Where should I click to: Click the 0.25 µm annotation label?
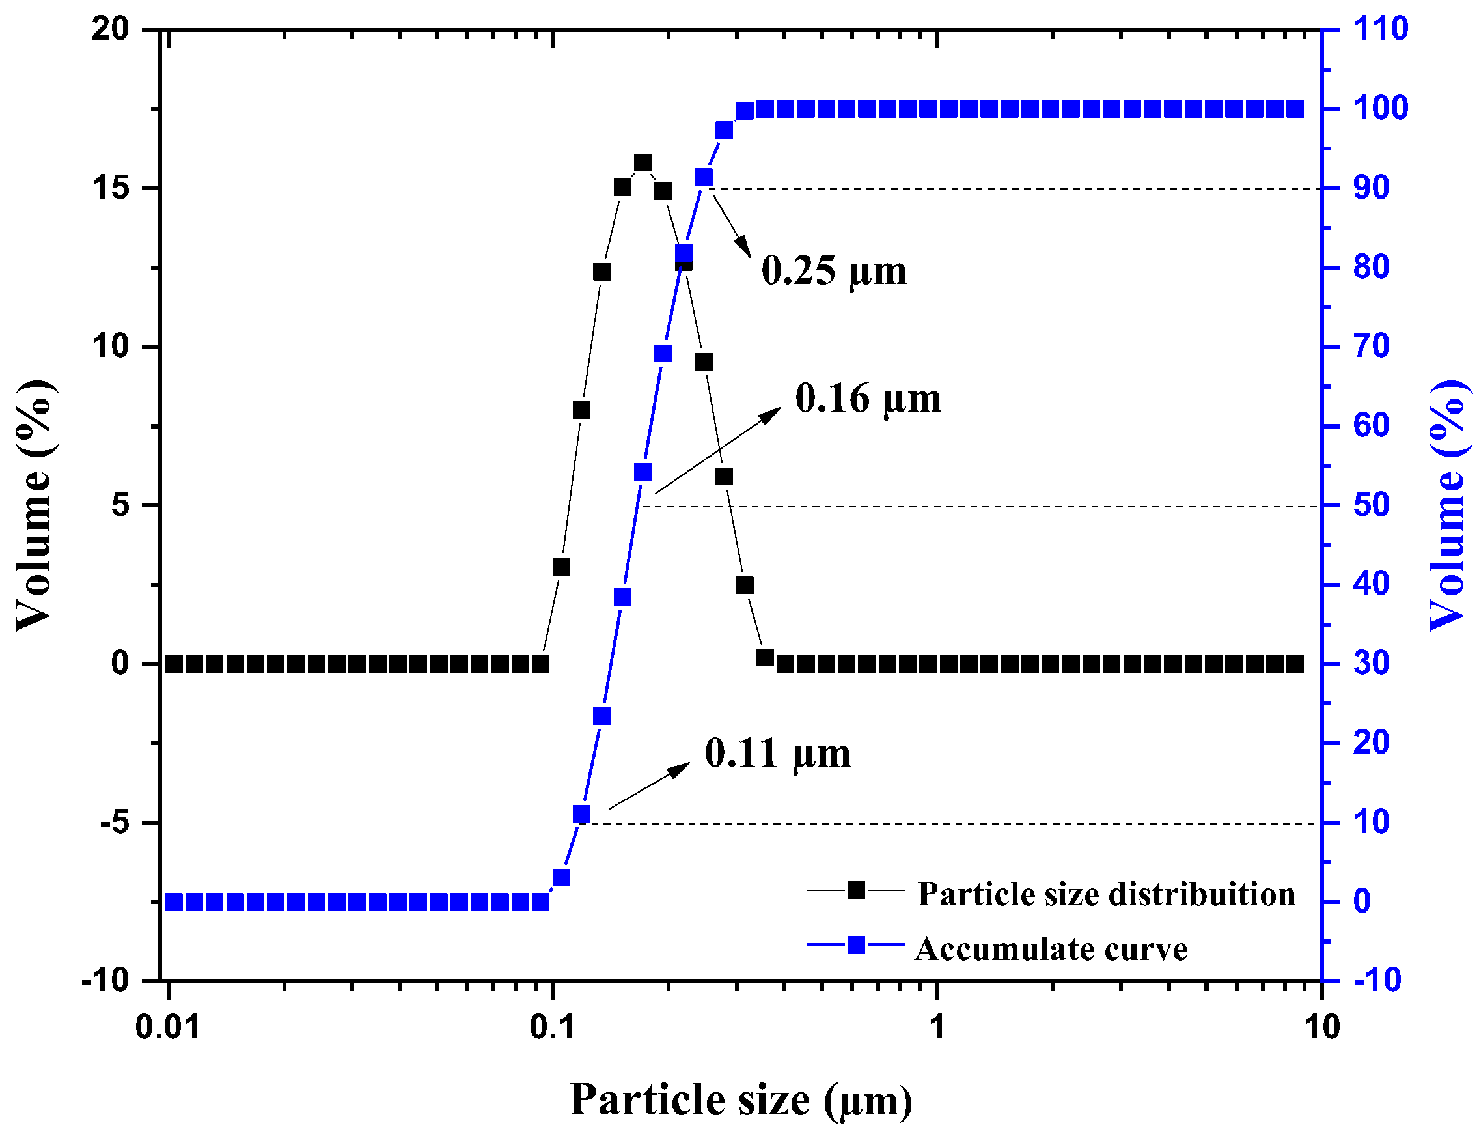point(833,271)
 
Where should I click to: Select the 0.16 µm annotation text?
point(868,398)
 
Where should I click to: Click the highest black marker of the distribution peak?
point(643,163)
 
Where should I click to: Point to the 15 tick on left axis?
point(111,188)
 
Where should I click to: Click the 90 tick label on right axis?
point(1371,188)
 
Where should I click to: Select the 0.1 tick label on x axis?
point(552,1028)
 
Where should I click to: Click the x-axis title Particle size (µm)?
point(741,1099)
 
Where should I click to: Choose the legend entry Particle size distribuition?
point(1105,894)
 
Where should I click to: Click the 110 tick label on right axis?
point(1380,29)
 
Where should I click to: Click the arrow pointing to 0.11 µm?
point(649,785)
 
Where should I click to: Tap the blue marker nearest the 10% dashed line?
point(581,815)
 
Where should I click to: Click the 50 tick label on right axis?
point(1371,505)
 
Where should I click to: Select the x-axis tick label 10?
point(1321,1028)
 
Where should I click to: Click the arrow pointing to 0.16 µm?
point(717,451)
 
